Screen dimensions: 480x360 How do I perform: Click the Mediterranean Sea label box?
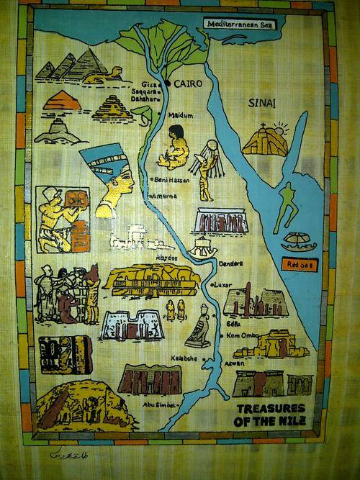tap(239, 24)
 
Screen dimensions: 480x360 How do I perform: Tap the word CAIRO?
tap(186, 83)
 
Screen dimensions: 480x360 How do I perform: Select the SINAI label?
tap(261, 103)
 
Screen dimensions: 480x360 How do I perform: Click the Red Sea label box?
tap(299, 265)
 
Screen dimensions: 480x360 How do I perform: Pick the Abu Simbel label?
tap(158, 404)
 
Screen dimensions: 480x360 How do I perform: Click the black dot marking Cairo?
tap(167, 83)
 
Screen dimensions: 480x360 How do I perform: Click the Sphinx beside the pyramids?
tap(112, 73)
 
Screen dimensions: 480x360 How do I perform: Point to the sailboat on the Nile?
tap(203, 248)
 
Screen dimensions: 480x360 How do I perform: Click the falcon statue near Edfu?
tap(199, 327)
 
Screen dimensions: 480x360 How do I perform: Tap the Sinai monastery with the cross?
tap(264, 141)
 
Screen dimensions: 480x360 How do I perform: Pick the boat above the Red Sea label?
tap(297, 241)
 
